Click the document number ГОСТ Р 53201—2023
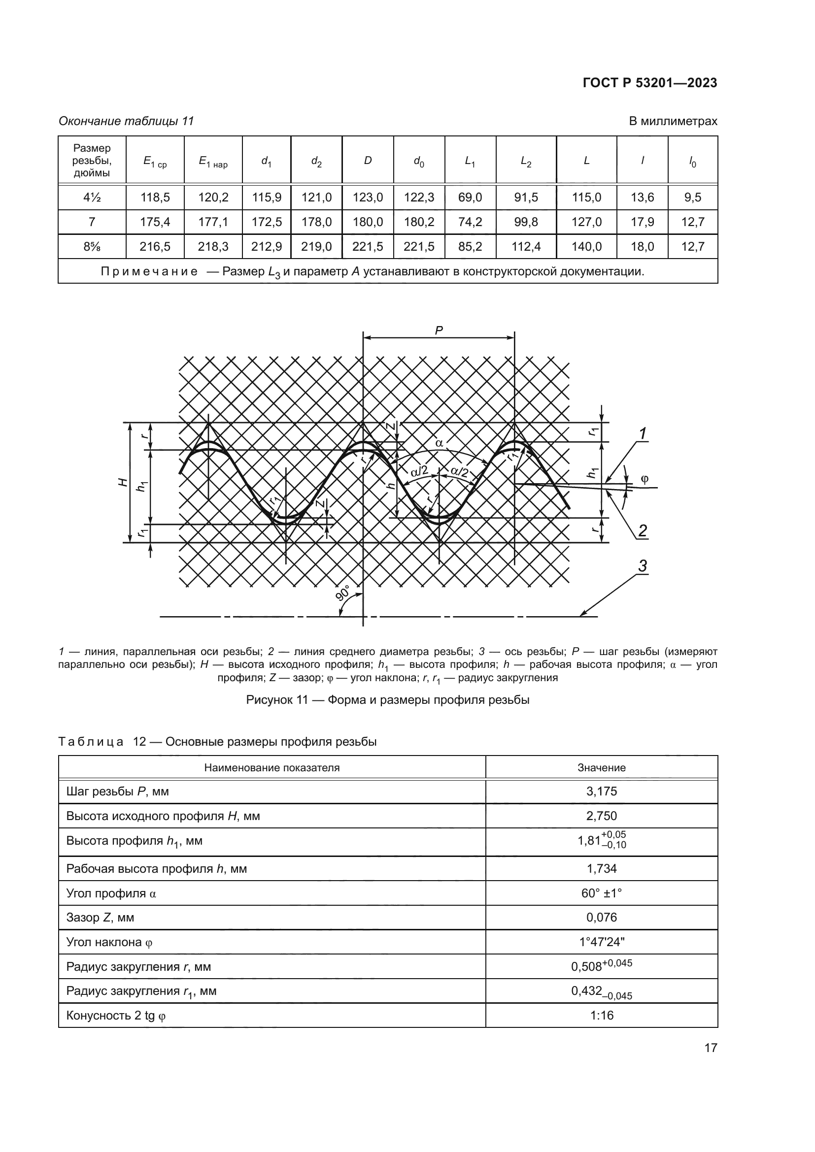[649, 83]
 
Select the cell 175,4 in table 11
[155, 222]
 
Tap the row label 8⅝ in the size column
[92, 246]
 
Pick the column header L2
[525, 161]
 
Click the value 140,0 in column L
[586, 246]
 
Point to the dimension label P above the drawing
[439, 330]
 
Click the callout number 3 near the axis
[643, 566]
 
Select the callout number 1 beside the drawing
[642, 433]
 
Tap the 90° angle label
[343, 592]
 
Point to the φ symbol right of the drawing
[645, 479]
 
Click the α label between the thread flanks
[439, 443]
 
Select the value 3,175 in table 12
[601, 791]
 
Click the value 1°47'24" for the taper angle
[601, 942]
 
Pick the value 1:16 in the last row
[601, 1015]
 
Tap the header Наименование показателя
[272, 768]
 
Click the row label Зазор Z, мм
[100, 917]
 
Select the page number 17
[711, 1048]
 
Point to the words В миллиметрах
[673, 121]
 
